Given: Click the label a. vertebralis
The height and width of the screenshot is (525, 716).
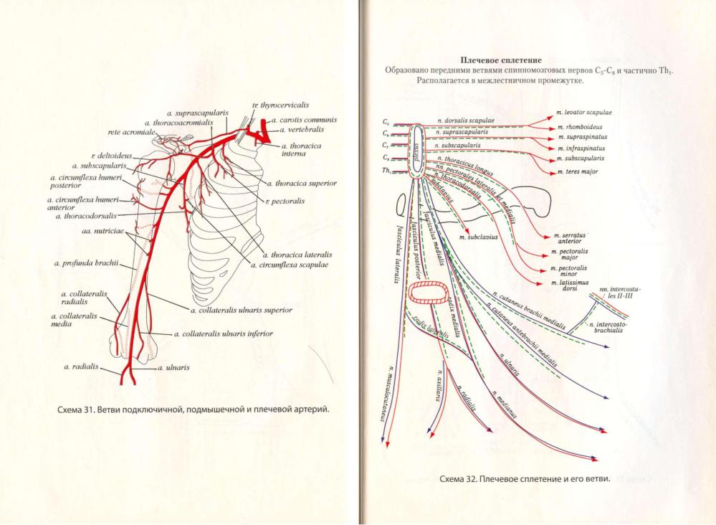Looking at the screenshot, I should pos(302,130).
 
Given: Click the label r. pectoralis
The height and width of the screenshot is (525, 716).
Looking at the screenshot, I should pos(285,201).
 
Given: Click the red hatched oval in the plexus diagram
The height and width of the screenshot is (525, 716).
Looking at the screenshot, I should pos(428,295).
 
